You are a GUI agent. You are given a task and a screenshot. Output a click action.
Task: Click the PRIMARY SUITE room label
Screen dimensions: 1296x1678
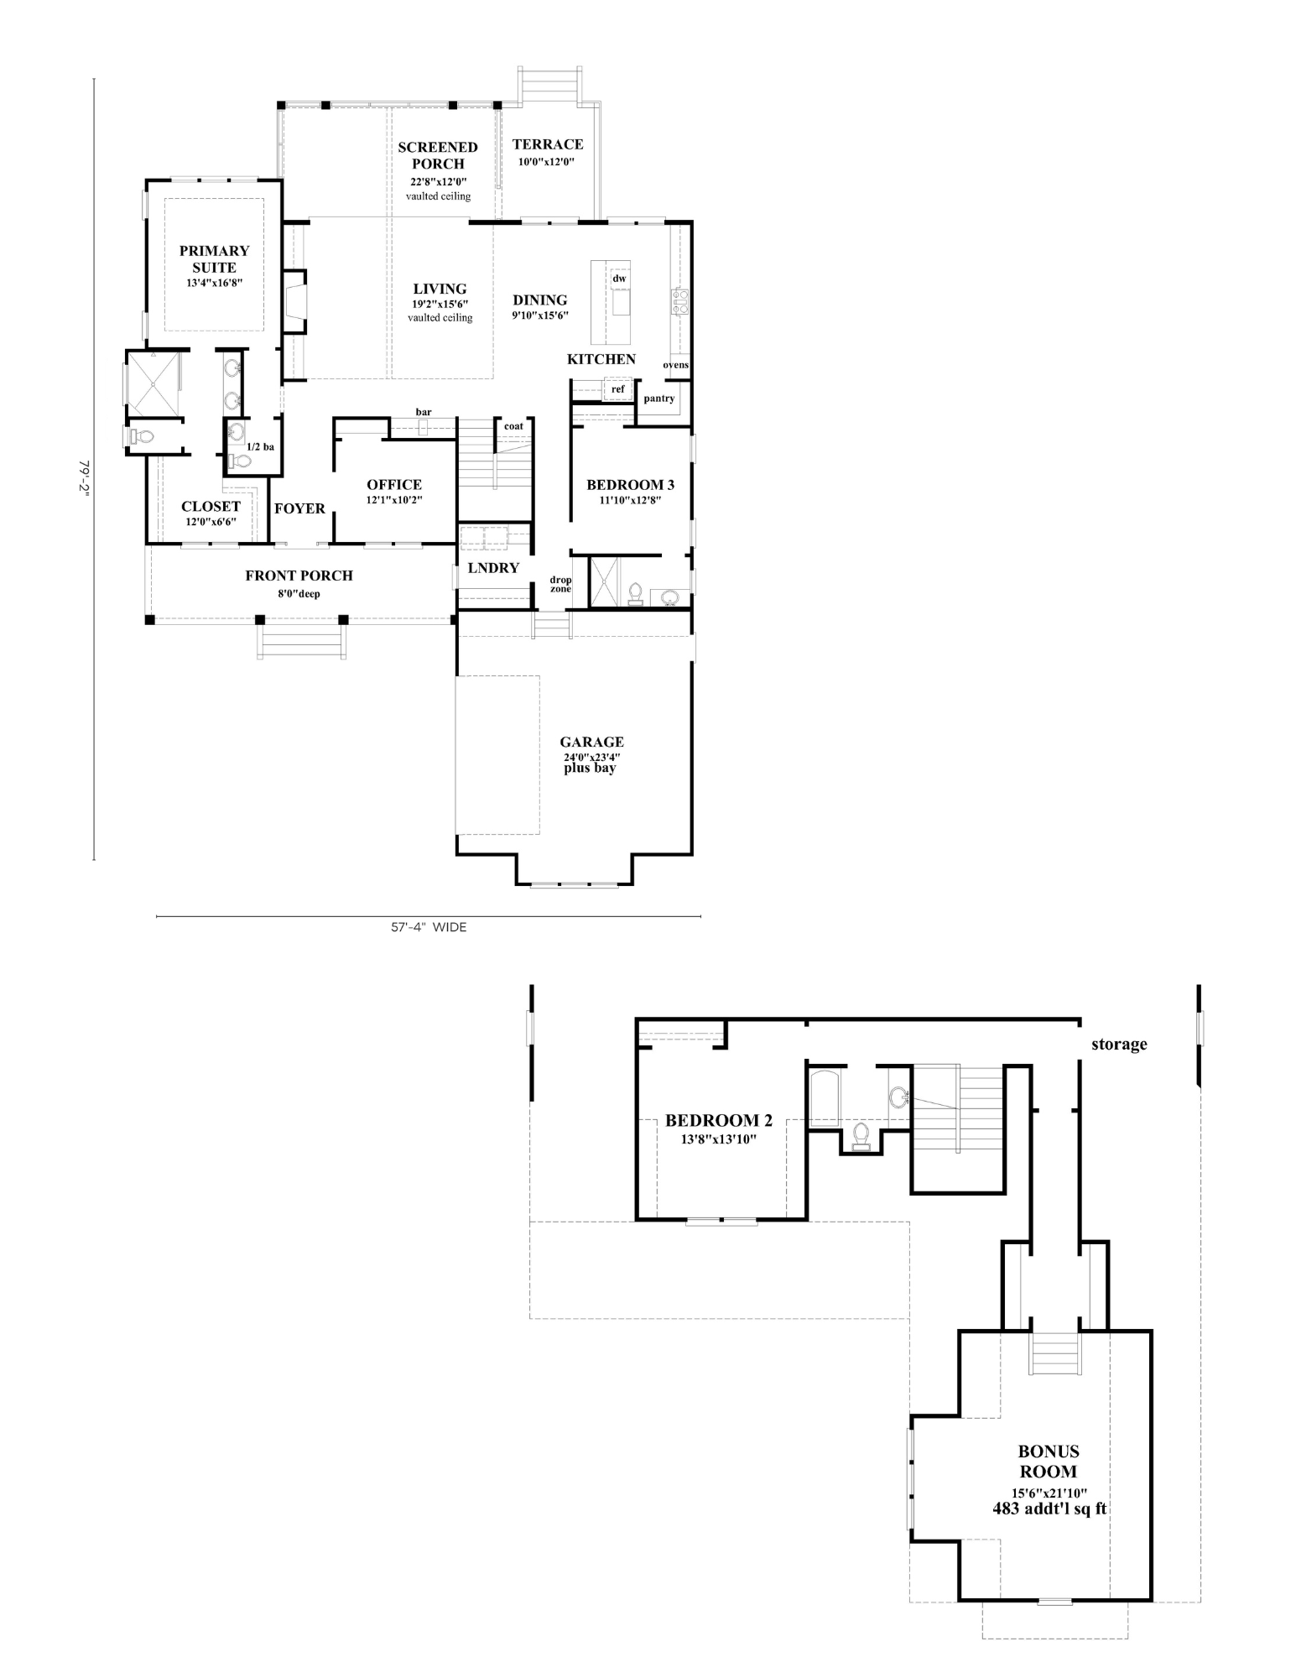click(x=215, y=258)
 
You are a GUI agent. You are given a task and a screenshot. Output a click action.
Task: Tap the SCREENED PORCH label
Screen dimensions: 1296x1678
click(x=438, y=155)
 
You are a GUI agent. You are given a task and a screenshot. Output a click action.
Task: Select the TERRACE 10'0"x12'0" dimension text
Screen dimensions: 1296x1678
click(x=546, y=162)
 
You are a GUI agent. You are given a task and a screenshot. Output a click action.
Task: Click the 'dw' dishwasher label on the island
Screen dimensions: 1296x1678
click(x=619, y=279)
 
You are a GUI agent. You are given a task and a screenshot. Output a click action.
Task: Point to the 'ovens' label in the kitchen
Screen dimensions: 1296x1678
click(x=676, y=365)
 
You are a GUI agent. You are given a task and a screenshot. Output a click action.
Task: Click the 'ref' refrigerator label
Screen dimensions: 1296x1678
click(x=618, y=389)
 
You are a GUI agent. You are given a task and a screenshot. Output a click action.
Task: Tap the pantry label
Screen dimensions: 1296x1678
click(x=659, y=399)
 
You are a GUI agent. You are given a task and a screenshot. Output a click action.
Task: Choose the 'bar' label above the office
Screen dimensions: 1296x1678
click(x=424, y=412)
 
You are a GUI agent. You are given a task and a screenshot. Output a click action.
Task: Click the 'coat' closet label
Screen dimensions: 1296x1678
click(x=513, y=426)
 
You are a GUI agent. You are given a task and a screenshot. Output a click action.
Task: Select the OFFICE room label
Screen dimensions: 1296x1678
click(x=394, y=484)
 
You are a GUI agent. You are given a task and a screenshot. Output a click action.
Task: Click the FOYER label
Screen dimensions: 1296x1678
click(x=299, y=508)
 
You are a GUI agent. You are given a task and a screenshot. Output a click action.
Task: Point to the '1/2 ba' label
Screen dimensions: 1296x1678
click(x=260, y=447)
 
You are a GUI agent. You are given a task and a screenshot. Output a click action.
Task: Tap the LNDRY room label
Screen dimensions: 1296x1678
click(x=493, y=568)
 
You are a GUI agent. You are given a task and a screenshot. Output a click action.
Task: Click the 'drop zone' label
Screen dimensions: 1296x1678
click(x=560, y=584)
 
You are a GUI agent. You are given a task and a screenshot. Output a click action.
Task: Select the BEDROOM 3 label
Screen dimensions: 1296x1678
click(x=630, y=484)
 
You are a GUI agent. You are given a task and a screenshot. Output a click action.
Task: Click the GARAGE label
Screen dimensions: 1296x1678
click(x=592, y=742)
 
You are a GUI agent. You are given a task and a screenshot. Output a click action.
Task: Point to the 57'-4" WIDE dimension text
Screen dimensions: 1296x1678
click(x=429, y=927)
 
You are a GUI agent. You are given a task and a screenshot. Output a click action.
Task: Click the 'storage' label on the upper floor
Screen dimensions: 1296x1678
click(x=1119, y=1045)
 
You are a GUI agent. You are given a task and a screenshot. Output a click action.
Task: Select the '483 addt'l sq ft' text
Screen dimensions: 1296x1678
click(x=1049, y=1509)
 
